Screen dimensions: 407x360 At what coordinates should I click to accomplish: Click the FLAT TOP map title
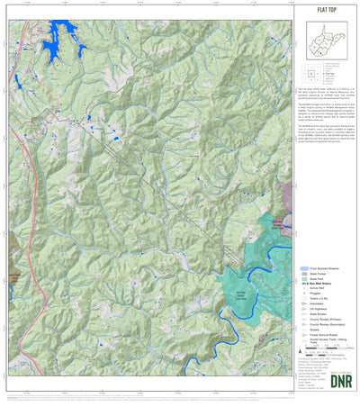(327, 10)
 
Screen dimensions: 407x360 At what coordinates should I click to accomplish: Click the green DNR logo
(343, 380)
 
